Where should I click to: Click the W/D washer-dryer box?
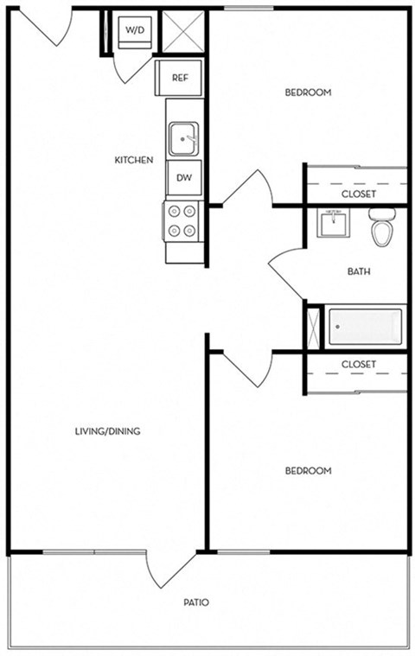click(136, 32)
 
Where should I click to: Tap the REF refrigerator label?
click(180, 78)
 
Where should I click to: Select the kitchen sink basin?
click(182, 137)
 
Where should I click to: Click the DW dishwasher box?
click(183, 177)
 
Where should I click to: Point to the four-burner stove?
click(182, 220)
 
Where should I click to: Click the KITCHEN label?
click(134, 160)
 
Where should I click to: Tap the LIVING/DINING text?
click(107, 431)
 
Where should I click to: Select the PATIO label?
click(195, 602)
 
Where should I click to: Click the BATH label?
click(359, 271)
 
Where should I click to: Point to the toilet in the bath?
click(381, 226)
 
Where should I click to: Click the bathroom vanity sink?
click(334, 223)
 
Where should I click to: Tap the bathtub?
click(364, 326)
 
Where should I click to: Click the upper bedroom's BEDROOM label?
click(308, 92)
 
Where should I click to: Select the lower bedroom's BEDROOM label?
click(309, 471)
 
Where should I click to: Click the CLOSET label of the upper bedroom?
click(358, 194)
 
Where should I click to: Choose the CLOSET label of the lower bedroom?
click(358, 365)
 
